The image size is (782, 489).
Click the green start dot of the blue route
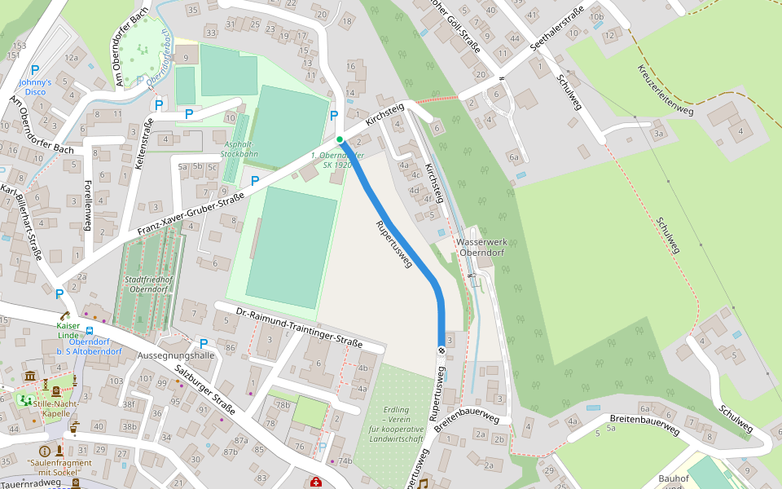(340, 139)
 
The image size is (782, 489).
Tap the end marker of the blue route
(442, 350)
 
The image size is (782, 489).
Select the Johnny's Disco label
(35, 87)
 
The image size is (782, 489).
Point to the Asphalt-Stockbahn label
(240, 148)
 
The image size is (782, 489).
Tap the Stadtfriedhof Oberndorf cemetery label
(149, 284)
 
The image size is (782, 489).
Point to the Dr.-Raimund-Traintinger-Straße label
(298, 328)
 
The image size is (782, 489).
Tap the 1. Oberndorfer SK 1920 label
(331, 159)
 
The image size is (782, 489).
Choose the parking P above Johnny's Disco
(35, 71)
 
